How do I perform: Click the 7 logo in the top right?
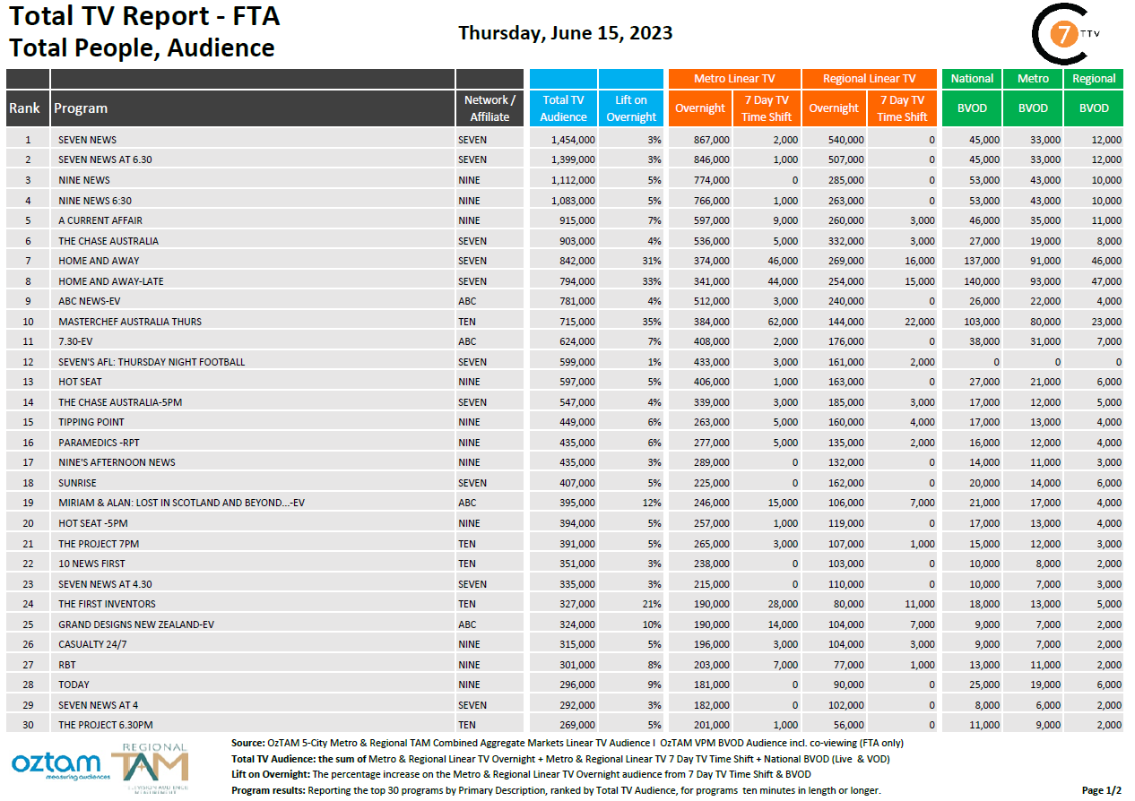[1063, 33]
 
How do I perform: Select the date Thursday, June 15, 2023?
[565, 33]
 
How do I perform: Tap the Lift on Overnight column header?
[631, 108]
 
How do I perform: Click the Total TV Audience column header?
[563, 108]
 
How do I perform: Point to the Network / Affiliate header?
[490, 108]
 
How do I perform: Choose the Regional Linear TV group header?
[869, 79]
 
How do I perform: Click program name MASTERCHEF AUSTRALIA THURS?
[130, 322]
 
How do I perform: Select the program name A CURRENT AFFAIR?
[100, 220]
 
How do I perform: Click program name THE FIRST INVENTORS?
[107, 604]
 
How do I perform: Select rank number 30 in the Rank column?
[28, 725]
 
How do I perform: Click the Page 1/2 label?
[1101, 790]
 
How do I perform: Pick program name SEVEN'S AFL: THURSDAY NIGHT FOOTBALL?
[152, 362]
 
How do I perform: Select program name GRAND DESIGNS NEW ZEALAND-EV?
[136, 624]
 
